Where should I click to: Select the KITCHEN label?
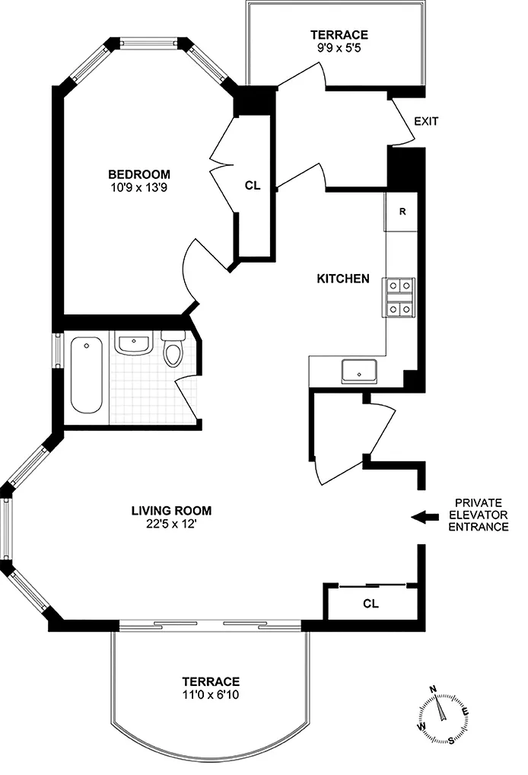[x=342, y=279]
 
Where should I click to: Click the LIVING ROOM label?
[x=171, y=511]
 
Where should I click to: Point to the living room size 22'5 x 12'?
[x=171, y=524]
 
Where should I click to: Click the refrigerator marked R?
[x=402, y=212]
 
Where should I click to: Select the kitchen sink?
[x=361, y=372]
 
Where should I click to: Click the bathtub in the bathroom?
[x=85, y=375]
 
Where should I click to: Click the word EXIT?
[x=426, y=121]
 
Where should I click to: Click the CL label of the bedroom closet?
[x=253, y=185]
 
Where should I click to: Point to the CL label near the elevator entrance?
[x=371, y=604]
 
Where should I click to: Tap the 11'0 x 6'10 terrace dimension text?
[x=211, y=694]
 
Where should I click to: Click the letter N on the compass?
[x=433, y=690]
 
